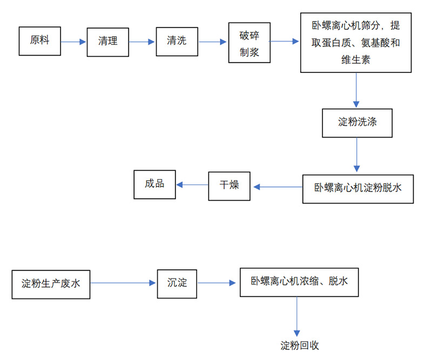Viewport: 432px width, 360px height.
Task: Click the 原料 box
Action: point(39,41)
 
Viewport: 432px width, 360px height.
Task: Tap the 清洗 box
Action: point(177,41)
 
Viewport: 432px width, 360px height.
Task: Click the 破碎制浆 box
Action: point(249,43)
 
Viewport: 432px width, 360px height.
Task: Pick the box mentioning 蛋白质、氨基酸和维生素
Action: point(355,43)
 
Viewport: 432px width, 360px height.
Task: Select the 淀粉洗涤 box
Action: point(357,122)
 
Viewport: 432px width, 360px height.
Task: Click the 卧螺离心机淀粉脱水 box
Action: point(358,189)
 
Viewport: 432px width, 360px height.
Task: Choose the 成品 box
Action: point(155,184)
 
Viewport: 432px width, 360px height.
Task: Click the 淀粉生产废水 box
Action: point(50,283)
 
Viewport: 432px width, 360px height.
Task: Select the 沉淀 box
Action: point(177,283)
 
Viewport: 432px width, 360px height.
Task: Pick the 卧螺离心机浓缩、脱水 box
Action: point(299,282)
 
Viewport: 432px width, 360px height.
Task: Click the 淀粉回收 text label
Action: point(300,345)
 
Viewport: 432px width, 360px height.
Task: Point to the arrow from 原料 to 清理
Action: point(73,42)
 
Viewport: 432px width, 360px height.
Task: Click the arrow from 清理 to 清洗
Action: point(142,42)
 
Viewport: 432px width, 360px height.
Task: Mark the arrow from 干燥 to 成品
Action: point(192,185)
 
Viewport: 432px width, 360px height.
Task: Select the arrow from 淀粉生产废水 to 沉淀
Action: point(123,283)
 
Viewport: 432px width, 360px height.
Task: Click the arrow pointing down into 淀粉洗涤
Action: point(356,90)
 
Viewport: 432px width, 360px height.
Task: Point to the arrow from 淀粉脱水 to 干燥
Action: point(278,187)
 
